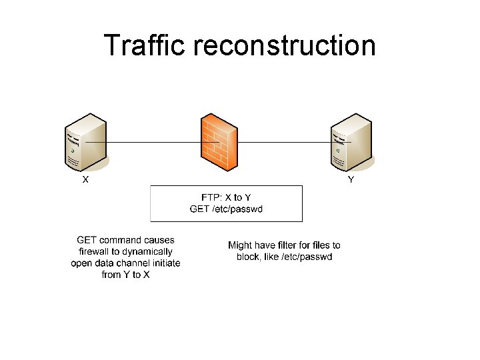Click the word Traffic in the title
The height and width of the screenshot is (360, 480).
pos(147,45)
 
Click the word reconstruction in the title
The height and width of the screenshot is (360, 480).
pos(285,45)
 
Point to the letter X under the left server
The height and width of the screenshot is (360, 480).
pos(85,179)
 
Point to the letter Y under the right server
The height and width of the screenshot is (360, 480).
pos(351,179)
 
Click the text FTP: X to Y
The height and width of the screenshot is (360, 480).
pos(226,197)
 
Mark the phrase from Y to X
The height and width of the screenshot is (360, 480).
pos(126,275)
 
